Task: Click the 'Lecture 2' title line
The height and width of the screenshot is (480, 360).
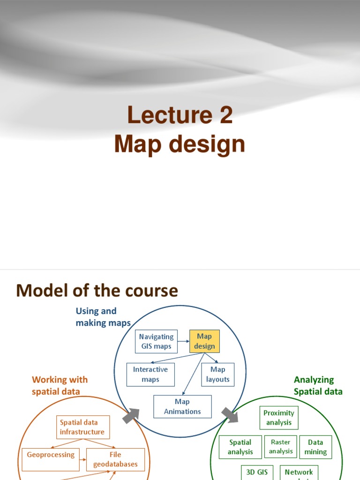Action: point(180,115)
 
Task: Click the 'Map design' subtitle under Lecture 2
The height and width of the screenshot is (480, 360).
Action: point(180,144)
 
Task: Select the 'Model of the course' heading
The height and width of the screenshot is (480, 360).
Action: point(97,291)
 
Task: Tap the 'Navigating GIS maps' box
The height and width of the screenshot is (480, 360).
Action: point(156,342)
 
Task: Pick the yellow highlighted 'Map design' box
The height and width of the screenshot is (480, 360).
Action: point(204,341)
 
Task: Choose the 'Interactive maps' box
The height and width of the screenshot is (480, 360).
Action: point(150,375)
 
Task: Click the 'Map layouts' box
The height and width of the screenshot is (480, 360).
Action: point(217,375)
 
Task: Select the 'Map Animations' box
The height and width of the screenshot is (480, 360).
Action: point(182,406)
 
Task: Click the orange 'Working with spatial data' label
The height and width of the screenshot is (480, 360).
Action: point(60,385)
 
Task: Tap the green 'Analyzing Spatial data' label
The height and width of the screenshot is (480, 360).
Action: point(318,385)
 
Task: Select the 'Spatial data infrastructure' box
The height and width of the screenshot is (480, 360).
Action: point(82,427)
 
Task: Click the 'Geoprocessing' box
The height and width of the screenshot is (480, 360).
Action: point(51,455)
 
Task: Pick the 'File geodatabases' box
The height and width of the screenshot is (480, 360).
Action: point(115,459)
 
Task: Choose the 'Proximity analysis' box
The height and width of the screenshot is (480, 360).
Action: point(279,418)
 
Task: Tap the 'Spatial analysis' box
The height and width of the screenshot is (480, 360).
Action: point(240,447)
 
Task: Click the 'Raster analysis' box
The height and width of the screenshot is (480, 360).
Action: point(281,447)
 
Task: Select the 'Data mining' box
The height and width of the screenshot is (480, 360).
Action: point(315,447)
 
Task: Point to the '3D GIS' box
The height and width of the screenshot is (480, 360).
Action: point(257,472)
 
